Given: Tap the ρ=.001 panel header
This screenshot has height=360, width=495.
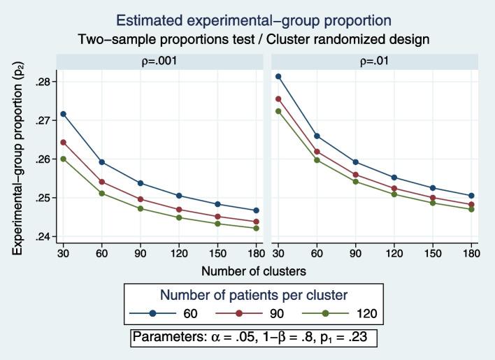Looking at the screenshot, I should [159, 61].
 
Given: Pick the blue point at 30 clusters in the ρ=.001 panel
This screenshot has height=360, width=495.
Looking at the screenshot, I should [63, 114].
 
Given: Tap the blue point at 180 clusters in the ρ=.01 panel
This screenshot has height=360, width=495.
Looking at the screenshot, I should [471, 196].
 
